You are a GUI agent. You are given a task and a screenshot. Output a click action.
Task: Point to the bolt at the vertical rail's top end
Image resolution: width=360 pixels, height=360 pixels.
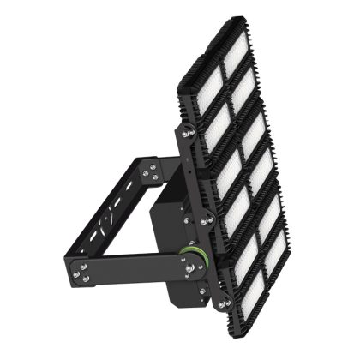(x=183, y=133)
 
